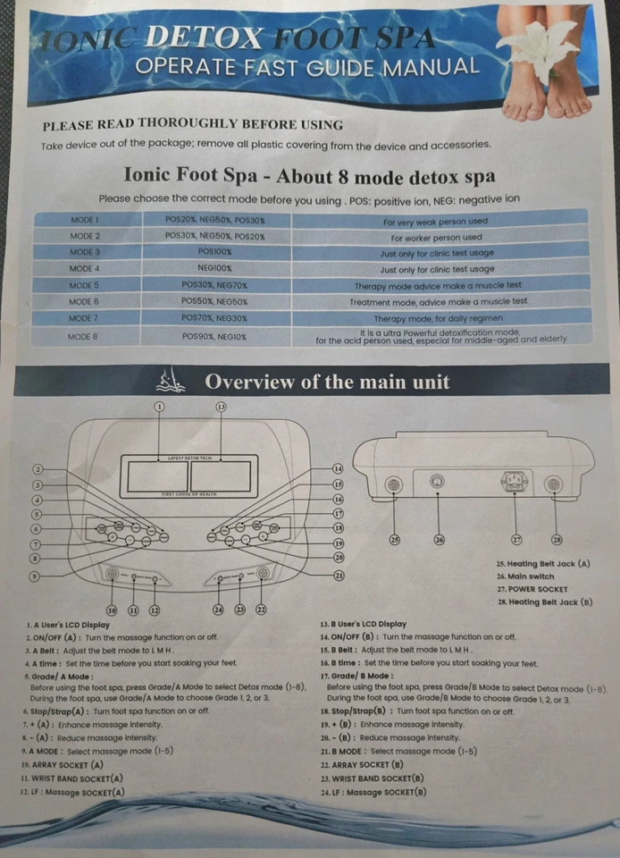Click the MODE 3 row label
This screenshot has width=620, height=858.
(84, 253)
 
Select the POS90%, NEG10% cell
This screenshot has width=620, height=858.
(214, 336)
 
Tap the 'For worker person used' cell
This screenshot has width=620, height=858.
(436, 238)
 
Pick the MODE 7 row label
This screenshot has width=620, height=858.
(84, 317)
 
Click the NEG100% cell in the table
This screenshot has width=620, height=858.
(215, 268)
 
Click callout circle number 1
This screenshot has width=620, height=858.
(160, 407)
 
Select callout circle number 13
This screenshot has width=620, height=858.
(221, 407)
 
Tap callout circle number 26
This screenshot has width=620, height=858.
(439, 539)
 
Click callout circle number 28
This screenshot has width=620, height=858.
(557, 539)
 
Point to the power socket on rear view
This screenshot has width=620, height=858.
(515, 483)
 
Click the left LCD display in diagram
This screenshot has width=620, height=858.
(158, 476)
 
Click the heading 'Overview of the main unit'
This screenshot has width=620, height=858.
(327, 382)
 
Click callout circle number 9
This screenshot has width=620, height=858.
(37, 576)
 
